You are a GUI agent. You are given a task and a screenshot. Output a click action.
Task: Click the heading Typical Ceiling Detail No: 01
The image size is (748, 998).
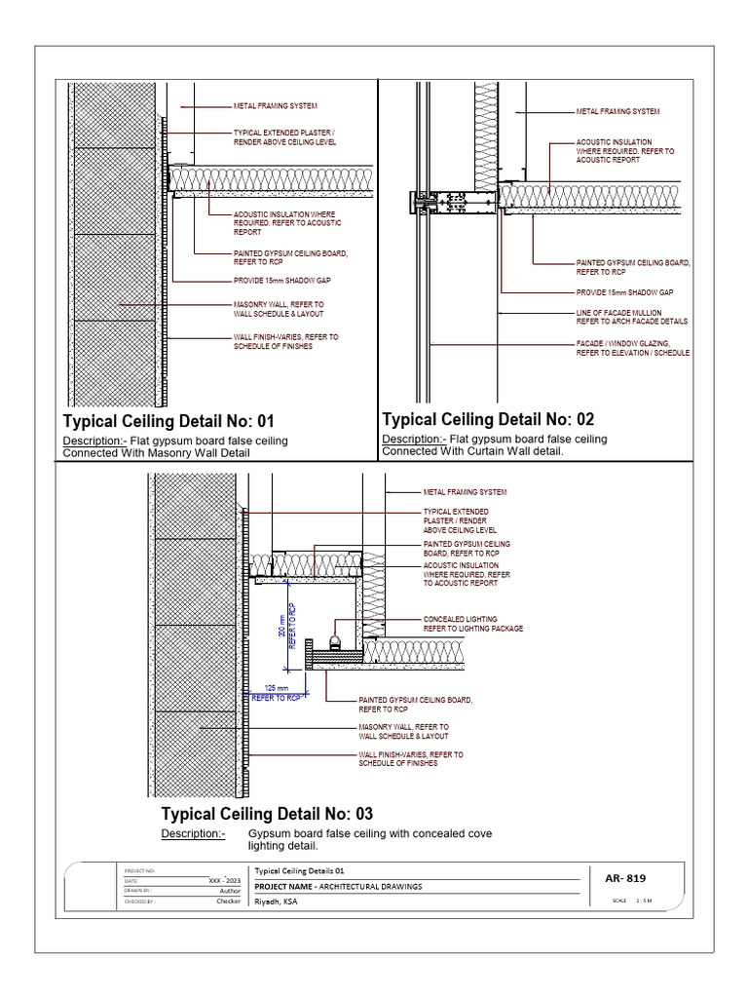(169, 422)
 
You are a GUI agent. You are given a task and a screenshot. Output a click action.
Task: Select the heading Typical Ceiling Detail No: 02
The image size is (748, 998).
(488, 420)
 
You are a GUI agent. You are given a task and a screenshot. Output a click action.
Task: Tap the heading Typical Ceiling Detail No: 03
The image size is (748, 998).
(267, 814)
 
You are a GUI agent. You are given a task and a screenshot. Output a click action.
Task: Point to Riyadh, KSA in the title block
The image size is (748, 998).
(278, 902)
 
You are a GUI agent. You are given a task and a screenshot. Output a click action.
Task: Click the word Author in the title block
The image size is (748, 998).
(230, 891)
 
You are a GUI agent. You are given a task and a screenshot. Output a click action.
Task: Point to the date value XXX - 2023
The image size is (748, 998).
(224, 880)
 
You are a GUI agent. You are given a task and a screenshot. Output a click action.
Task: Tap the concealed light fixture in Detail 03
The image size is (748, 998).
(334, 641)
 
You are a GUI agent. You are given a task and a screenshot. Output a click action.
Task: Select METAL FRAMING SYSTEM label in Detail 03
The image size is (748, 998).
(465, 493)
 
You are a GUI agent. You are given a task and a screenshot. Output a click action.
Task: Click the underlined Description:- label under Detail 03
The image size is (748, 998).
(193, 835)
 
